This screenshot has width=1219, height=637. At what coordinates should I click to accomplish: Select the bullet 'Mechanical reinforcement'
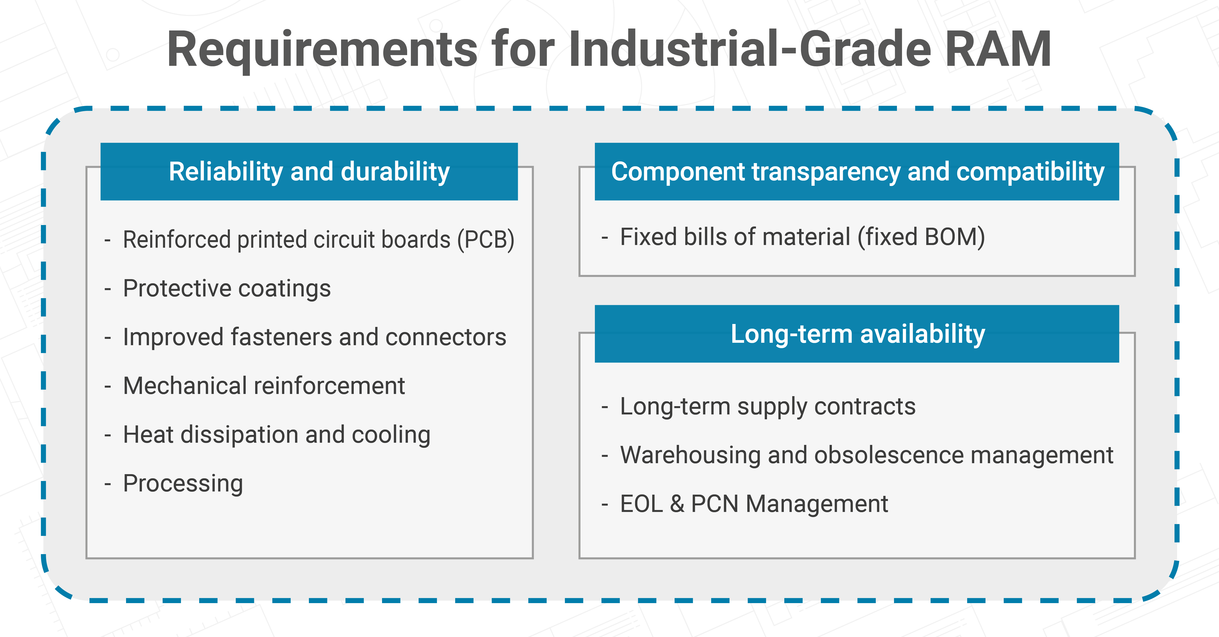[264, 386]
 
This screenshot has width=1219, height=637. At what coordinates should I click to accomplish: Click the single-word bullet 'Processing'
[183, 484]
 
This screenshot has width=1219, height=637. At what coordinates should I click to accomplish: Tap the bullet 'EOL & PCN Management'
[754, 504]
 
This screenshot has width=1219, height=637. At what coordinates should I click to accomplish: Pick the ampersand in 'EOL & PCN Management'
[677, 504]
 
